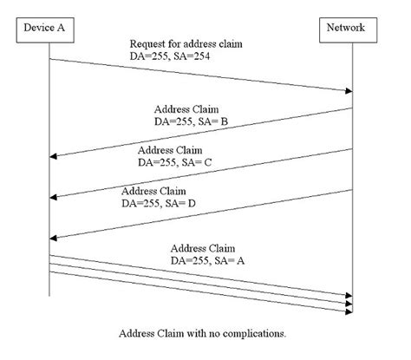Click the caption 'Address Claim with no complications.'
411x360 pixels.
point(205,332)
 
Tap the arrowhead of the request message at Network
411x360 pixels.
point(349,90)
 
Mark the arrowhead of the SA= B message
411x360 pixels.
point(54,157)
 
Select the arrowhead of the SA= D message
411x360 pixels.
point(54,238)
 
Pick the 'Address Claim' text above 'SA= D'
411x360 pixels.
point(153,190)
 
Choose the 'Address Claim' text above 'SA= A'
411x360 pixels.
point(203,246)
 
